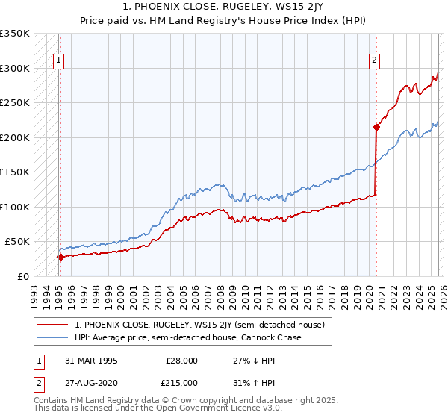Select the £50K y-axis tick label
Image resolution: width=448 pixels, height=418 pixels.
[x=18, y=242]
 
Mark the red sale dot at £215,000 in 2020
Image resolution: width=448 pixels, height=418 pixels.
[x=376, y=127]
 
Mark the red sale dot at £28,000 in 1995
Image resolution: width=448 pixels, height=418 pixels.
[x=60, y=257]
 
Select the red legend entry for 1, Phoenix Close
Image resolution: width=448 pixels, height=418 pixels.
[x=199, y=325]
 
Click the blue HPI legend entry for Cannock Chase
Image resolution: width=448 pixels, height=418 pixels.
[x=187, y=338]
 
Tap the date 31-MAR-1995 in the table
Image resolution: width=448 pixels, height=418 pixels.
[x=93, y=360]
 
